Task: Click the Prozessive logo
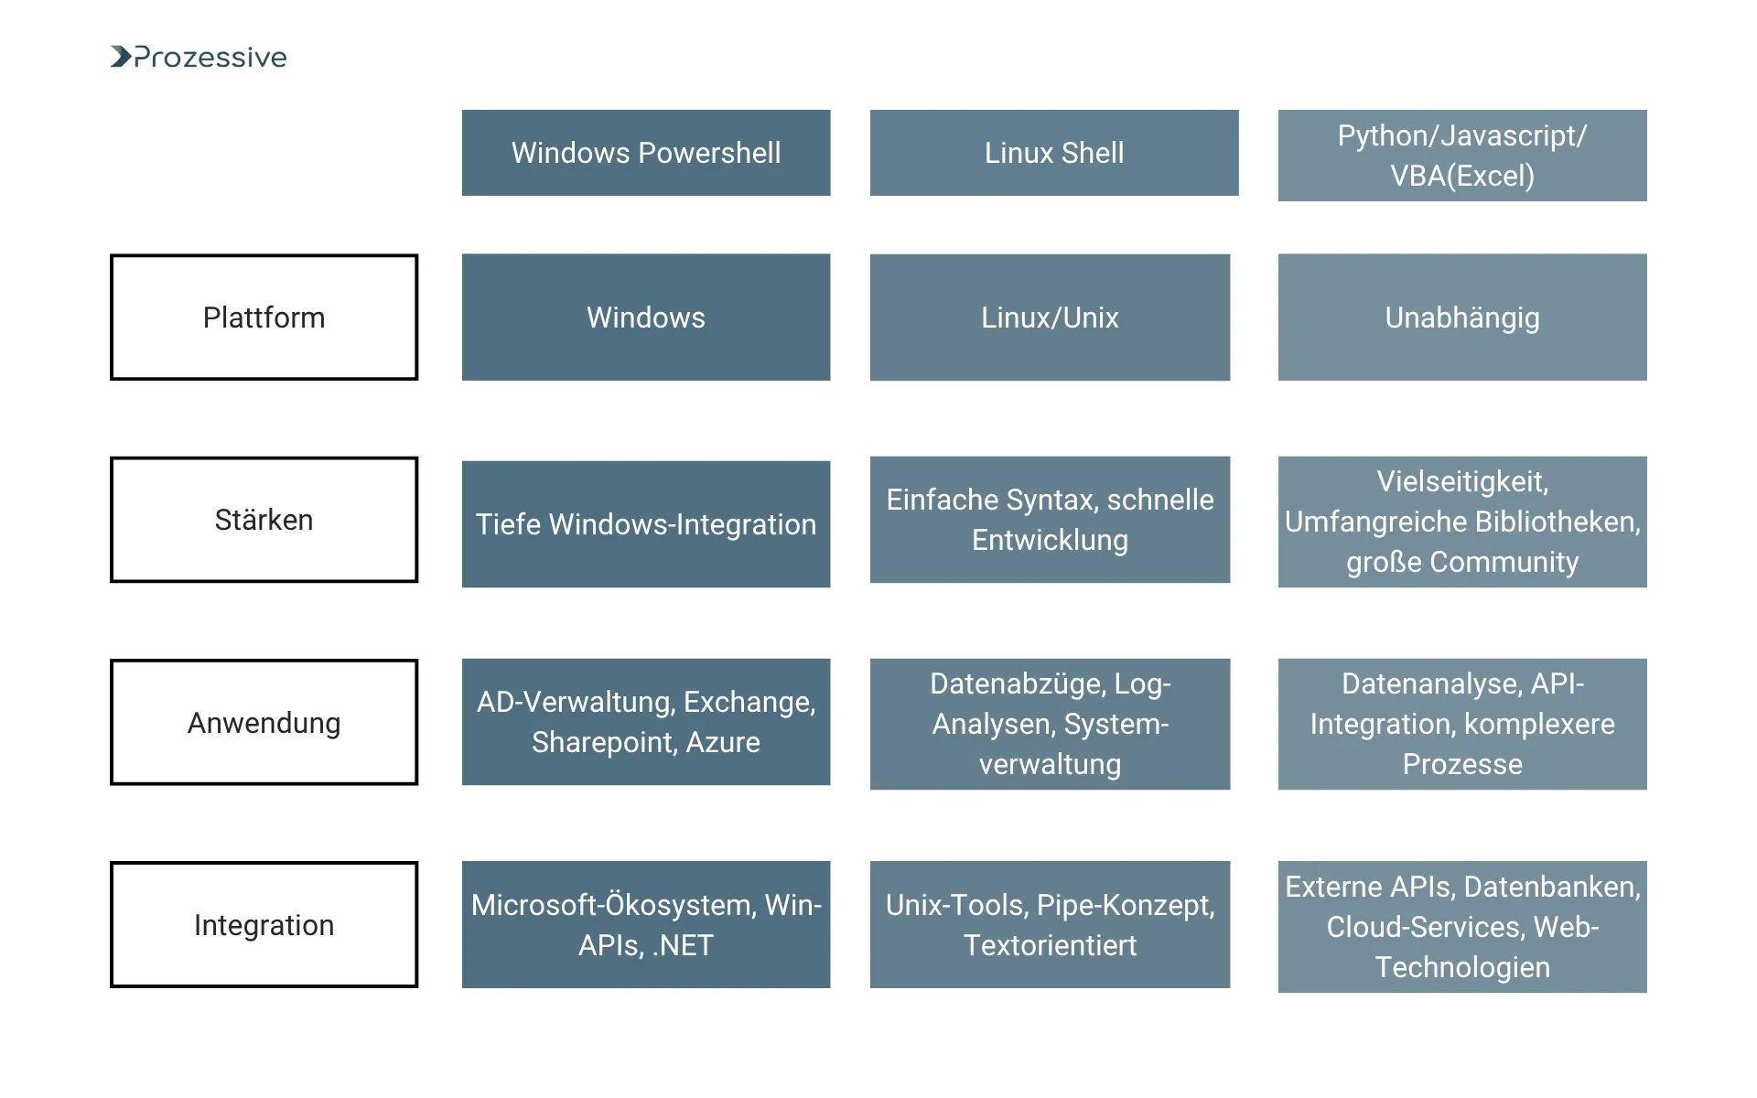199,57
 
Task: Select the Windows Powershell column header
646,153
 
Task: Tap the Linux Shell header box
1054,153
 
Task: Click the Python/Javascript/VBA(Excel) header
1462,156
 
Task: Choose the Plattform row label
264,318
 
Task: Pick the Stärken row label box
264,520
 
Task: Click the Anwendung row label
264,723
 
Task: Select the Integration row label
264,925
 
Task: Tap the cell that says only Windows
646,318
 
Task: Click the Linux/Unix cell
1050,318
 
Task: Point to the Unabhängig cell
1462,318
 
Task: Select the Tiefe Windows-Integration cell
646,524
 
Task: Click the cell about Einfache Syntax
1050,520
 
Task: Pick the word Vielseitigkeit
1461,481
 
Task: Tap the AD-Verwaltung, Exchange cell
646,722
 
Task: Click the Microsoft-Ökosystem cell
646,924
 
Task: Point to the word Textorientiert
1050,945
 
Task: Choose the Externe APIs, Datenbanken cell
1462,927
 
